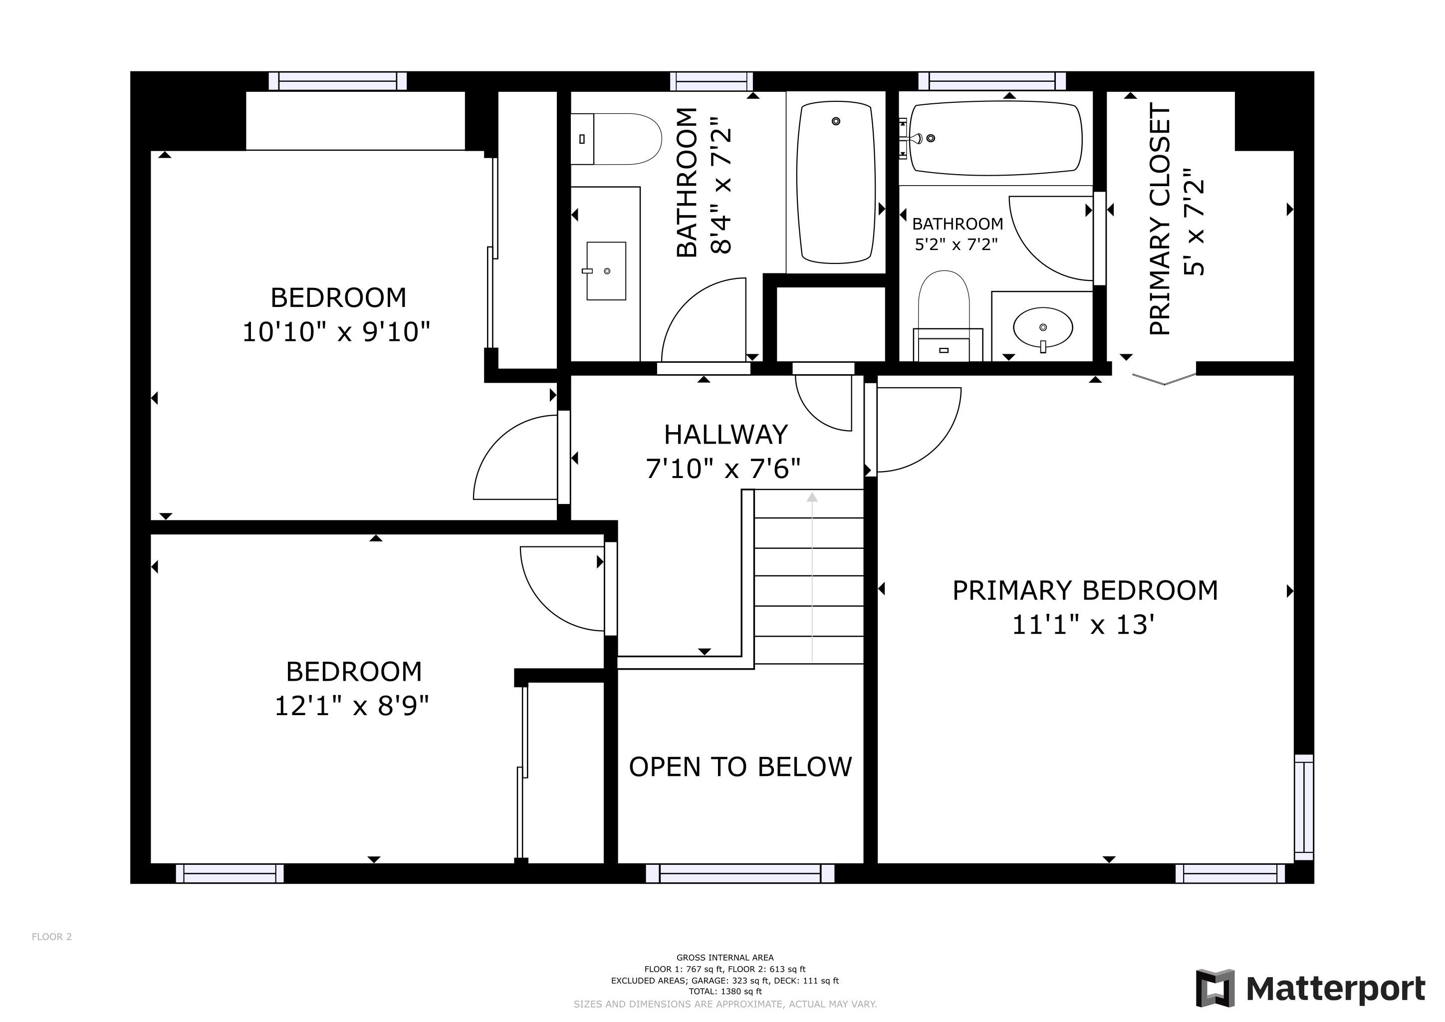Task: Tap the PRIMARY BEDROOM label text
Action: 1085,591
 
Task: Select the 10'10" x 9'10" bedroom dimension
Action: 336,332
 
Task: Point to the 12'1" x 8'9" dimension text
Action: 352,706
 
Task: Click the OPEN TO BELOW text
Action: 740,767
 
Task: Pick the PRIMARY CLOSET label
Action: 1159,220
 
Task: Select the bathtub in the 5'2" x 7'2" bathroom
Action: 995,138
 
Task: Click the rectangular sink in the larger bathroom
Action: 606,270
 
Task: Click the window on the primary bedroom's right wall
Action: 1303,807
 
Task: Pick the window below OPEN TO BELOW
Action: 740,873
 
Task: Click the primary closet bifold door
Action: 1164,379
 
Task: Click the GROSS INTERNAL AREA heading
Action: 725,958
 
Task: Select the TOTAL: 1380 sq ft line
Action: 725,992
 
